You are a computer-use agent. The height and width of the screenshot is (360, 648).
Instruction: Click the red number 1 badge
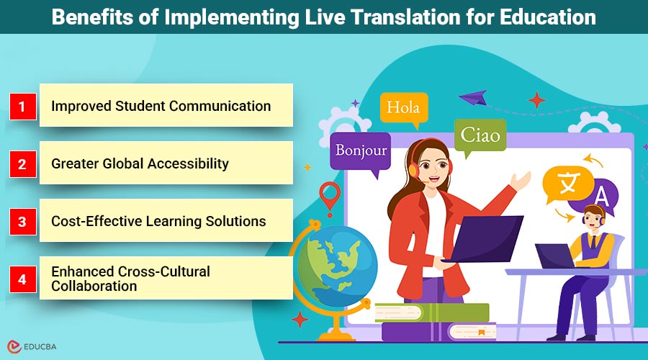(23, 107)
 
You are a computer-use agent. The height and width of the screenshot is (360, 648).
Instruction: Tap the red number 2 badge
(23, 164)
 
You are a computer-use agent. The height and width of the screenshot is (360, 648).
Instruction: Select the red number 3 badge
(23, 222)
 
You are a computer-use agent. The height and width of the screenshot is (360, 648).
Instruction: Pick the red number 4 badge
(23, 279)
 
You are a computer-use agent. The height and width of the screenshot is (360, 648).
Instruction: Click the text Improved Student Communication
(161, 106)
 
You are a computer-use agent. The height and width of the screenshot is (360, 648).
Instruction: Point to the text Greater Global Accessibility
(140, 163)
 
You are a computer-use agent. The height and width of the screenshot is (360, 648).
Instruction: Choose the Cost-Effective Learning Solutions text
(158, 221)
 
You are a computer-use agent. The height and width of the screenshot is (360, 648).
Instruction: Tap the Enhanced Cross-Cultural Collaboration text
(130, 279)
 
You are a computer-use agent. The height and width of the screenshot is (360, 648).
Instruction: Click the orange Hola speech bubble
(403, 109)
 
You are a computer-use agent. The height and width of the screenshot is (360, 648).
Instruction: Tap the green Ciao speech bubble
(480, 135)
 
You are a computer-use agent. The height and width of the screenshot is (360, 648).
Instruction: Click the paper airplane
(472, 96)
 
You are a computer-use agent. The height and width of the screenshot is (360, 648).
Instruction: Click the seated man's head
(594, 216)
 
